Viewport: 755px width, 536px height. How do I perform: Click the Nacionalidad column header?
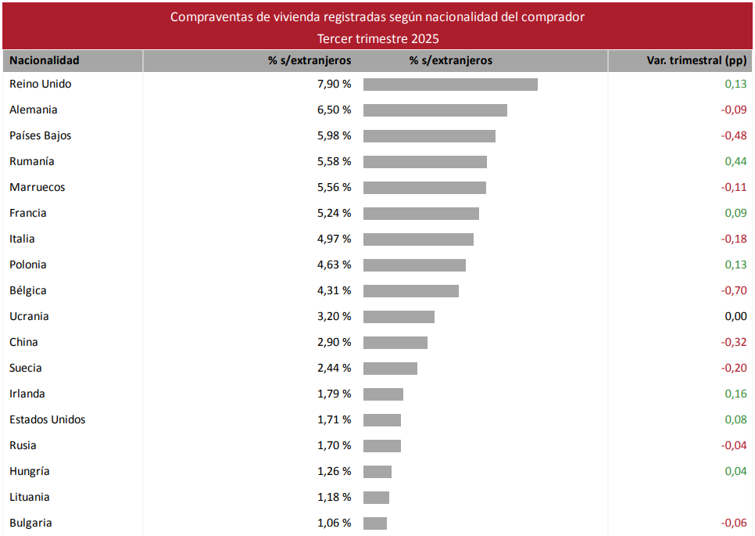point(45,60)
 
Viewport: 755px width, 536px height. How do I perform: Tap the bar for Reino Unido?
point(450,85)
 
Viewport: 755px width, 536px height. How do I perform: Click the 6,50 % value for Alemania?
point(334,110)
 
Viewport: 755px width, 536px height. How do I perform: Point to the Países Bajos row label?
point(41,136)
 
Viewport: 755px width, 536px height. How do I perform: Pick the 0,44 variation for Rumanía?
point(735,162)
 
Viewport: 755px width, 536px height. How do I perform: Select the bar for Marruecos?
point(424,188)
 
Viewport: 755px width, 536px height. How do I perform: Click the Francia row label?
point(28,214)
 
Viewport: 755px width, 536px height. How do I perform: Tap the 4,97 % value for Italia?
point(334,239)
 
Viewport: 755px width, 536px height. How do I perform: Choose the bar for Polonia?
point(414,265)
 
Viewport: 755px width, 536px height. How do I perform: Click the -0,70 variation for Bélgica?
point(734,291)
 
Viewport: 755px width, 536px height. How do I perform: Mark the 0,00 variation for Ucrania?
point(735,317)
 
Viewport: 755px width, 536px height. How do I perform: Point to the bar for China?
point(395,343)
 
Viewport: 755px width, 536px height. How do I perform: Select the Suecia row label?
point(26,369)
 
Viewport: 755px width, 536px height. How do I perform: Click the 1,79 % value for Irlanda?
point(334,394)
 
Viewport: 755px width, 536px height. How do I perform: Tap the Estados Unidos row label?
point(48,420)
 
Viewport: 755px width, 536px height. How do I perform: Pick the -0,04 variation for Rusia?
point(734,446)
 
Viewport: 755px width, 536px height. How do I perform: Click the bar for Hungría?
point(377,472)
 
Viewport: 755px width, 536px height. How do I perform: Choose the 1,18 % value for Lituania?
point(334,498)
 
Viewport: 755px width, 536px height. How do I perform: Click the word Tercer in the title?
point(335,38)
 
